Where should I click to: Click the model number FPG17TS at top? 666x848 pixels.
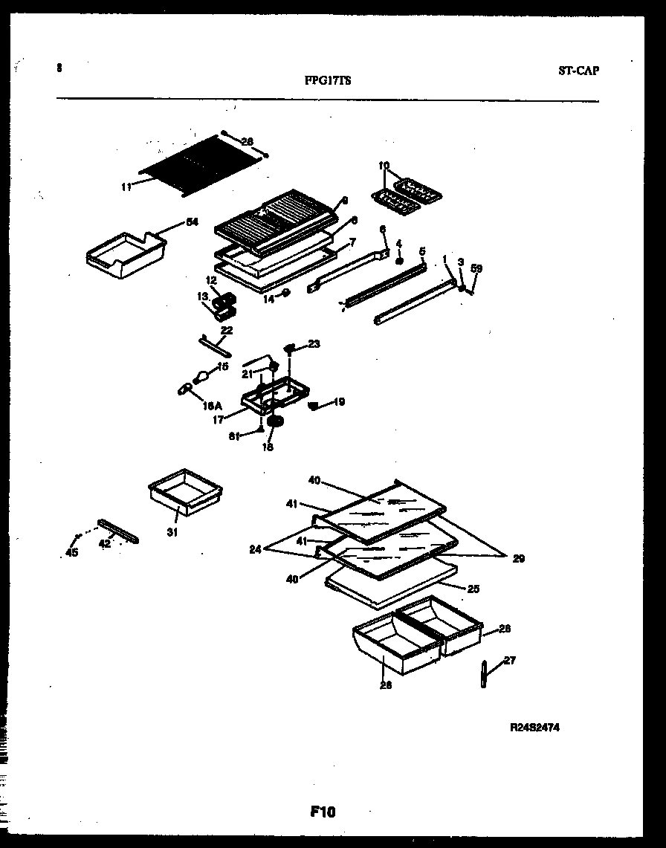coord(328,82)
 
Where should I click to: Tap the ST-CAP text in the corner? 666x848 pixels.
coord(578,71)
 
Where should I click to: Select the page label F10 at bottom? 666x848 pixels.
coord(323,812)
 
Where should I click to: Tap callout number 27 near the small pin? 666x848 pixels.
coord(509,660)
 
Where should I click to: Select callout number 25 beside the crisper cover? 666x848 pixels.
coord(473,589)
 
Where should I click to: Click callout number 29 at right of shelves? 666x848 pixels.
coord(518,558)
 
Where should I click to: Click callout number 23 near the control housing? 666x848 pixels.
coord(314,343)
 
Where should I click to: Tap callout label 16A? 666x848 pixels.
coord(213,406)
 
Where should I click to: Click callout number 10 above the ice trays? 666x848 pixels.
coord(384,166)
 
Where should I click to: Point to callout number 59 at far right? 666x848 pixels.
coord(476,269)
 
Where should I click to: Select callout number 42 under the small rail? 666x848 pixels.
coord(105,543)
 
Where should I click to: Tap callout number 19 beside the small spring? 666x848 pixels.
coord(338,402)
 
